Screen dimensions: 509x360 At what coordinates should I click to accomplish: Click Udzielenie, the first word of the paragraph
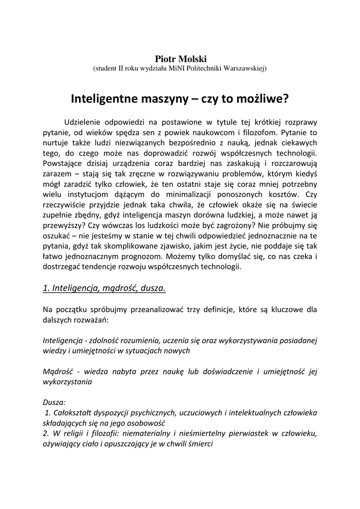pos(84,122)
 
